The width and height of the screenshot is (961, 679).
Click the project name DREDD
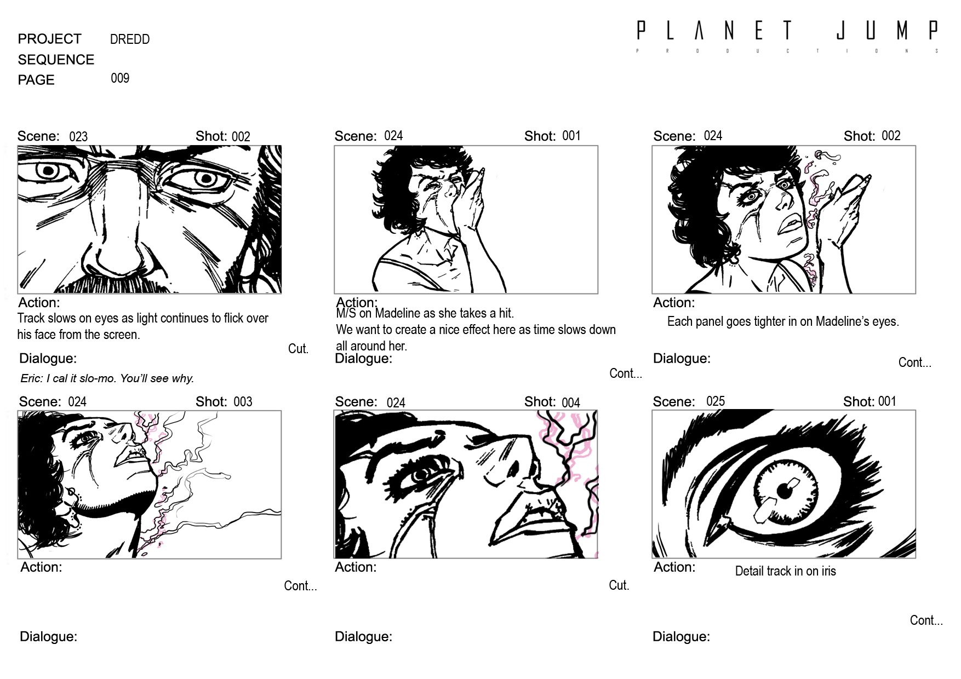pos(130,39)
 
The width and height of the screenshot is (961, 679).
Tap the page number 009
pos(120,78)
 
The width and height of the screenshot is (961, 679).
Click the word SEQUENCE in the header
pos(56,60)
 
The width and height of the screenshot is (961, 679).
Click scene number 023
pos(78,136)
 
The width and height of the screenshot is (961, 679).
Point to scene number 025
pos(716,401)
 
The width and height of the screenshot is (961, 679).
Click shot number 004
pos(571,402)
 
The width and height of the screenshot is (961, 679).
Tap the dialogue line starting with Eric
pos(107,378)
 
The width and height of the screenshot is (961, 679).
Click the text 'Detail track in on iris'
pos(785,571)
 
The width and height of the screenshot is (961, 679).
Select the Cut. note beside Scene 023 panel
pos(298,349)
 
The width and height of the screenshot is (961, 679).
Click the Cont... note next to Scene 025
pos(926,620)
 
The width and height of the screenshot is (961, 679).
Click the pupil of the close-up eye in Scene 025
pos(785,491)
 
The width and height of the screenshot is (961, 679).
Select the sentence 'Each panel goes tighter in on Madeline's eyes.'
pos(783,321)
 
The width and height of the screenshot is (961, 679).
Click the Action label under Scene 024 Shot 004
pos(356,567)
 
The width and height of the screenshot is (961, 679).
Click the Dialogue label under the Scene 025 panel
pos(681,637)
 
